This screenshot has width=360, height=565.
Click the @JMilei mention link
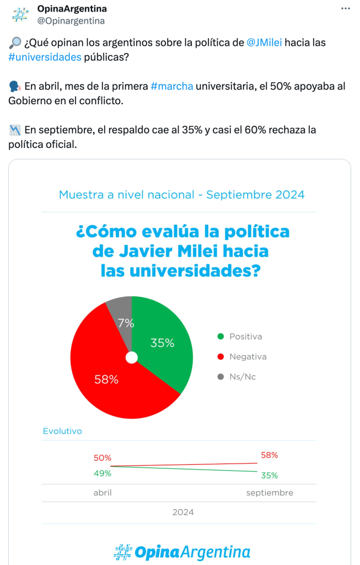click(265, 42)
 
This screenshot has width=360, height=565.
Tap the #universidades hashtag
click(45, 57)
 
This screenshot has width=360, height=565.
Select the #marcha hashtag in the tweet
click(171, 86)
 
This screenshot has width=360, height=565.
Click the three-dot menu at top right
click(346, 9)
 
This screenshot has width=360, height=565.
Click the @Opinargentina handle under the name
click(71, 21)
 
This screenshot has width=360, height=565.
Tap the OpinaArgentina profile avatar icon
click(20, 15)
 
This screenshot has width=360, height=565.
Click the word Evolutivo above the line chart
click(62, 431)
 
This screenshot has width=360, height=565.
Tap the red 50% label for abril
click(103, 458)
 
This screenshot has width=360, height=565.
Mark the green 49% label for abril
click(103, 473)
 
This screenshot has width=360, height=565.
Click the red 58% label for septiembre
click(269, 455)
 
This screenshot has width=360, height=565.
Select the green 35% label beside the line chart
click(269, 476)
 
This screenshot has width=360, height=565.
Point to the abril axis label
click(103, 493)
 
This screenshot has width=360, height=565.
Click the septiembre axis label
click(270, 493)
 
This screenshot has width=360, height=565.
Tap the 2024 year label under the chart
click(182, 512)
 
